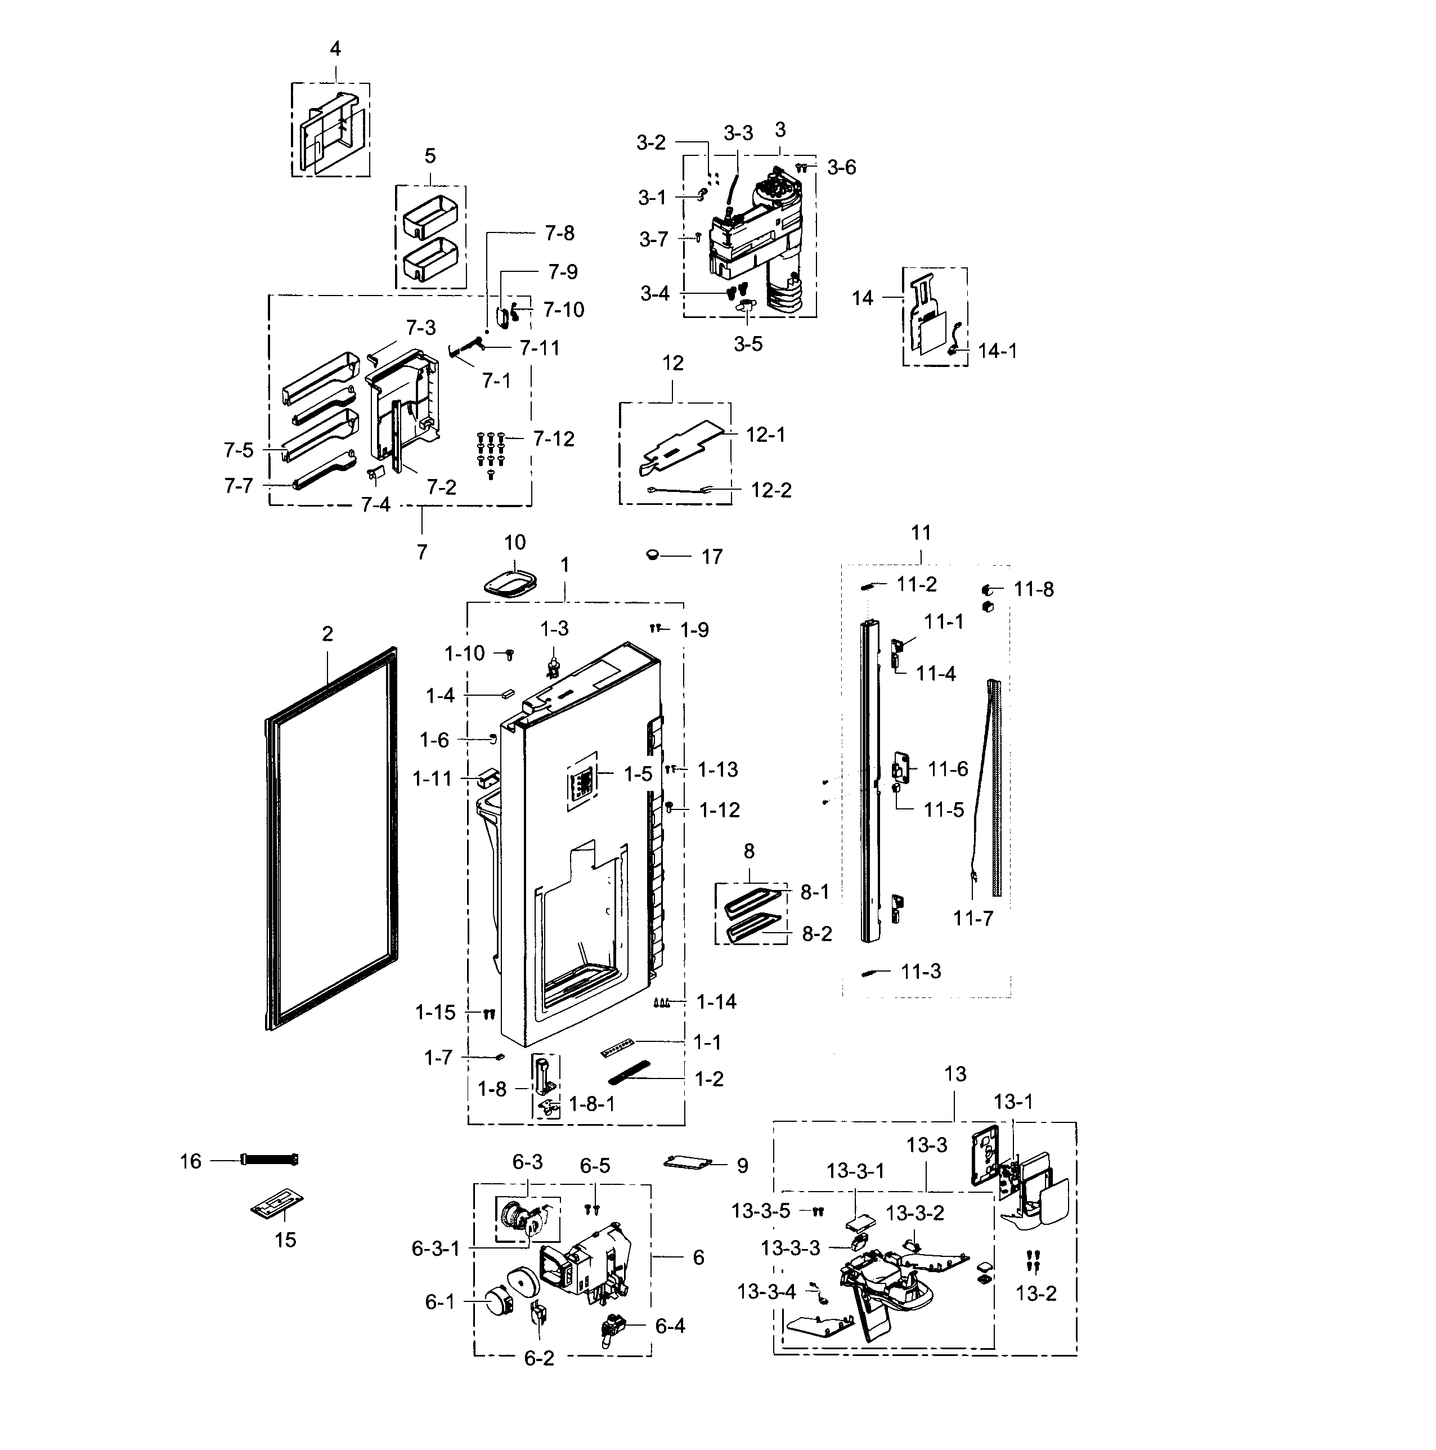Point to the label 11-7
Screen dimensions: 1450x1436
coord(972,918)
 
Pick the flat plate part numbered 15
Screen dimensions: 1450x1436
coord(276,1205)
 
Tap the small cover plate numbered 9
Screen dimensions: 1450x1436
coord(686,1162)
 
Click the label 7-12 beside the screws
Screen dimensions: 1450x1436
coord(554,439)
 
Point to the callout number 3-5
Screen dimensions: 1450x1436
coord(747,344)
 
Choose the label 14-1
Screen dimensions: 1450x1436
coord(997,351)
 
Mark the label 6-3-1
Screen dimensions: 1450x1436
coord(435,1249)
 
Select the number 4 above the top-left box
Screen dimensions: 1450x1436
coord(335,49)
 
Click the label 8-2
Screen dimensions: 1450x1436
coord(816,934)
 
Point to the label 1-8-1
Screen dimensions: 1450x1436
coord(591,1104)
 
